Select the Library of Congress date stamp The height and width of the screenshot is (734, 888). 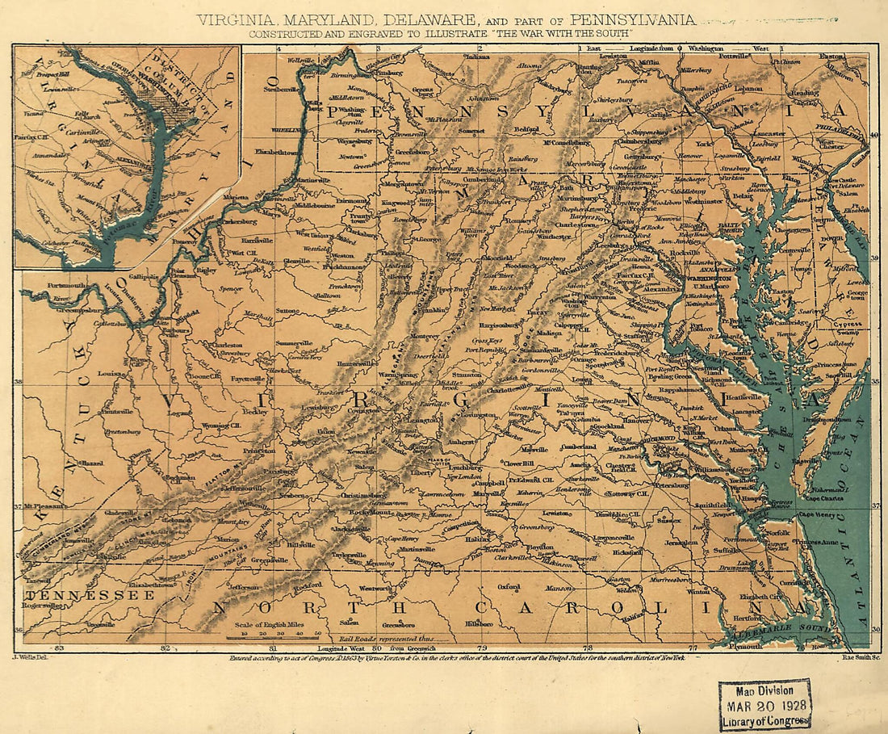click(764, 704)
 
